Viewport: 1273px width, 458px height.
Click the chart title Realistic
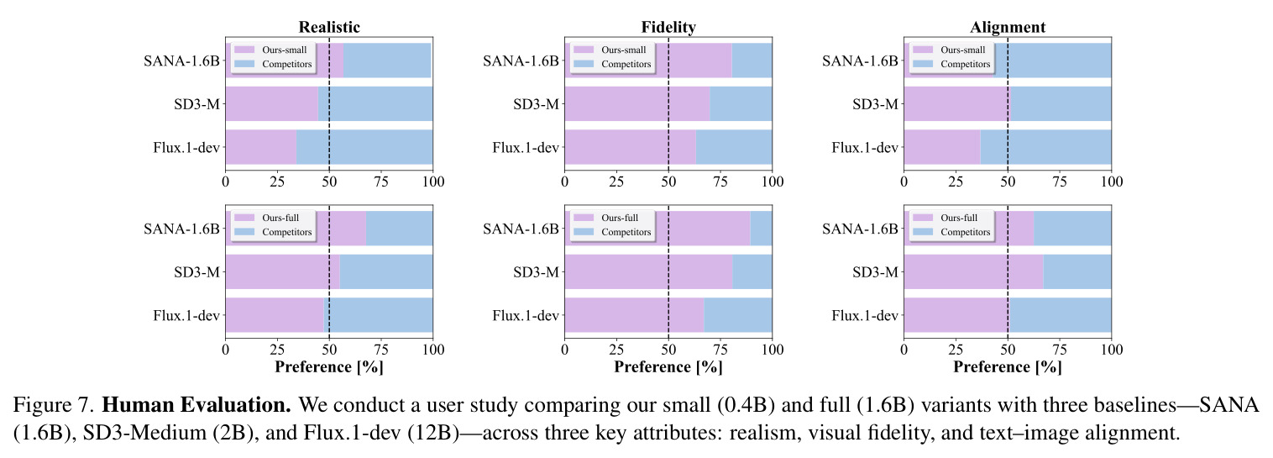pos(329,27)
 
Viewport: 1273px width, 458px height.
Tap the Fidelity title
pos(668,27)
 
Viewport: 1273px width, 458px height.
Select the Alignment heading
pos(1008,27)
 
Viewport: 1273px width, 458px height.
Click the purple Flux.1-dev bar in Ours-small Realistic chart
pos(261,147)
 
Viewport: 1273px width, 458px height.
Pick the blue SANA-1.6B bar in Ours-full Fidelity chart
pos(761,228)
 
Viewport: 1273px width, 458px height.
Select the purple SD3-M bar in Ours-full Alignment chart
pos(973,271)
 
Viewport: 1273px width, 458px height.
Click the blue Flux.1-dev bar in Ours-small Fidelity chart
pos(734,147)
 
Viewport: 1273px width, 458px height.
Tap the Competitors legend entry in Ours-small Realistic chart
pos(273,64)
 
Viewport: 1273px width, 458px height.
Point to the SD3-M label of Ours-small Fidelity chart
pos(536,104)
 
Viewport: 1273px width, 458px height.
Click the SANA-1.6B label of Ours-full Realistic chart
pos(181,229)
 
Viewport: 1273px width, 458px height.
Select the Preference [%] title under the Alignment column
pos(1008,367)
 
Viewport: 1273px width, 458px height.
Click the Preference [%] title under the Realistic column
pos(329,367)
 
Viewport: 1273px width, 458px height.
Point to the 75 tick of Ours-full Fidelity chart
pos(720,350)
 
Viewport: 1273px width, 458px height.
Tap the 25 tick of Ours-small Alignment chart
pos(956,182)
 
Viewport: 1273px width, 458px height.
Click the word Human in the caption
pos(137,405)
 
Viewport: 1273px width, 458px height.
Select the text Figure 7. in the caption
pos(54,406)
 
